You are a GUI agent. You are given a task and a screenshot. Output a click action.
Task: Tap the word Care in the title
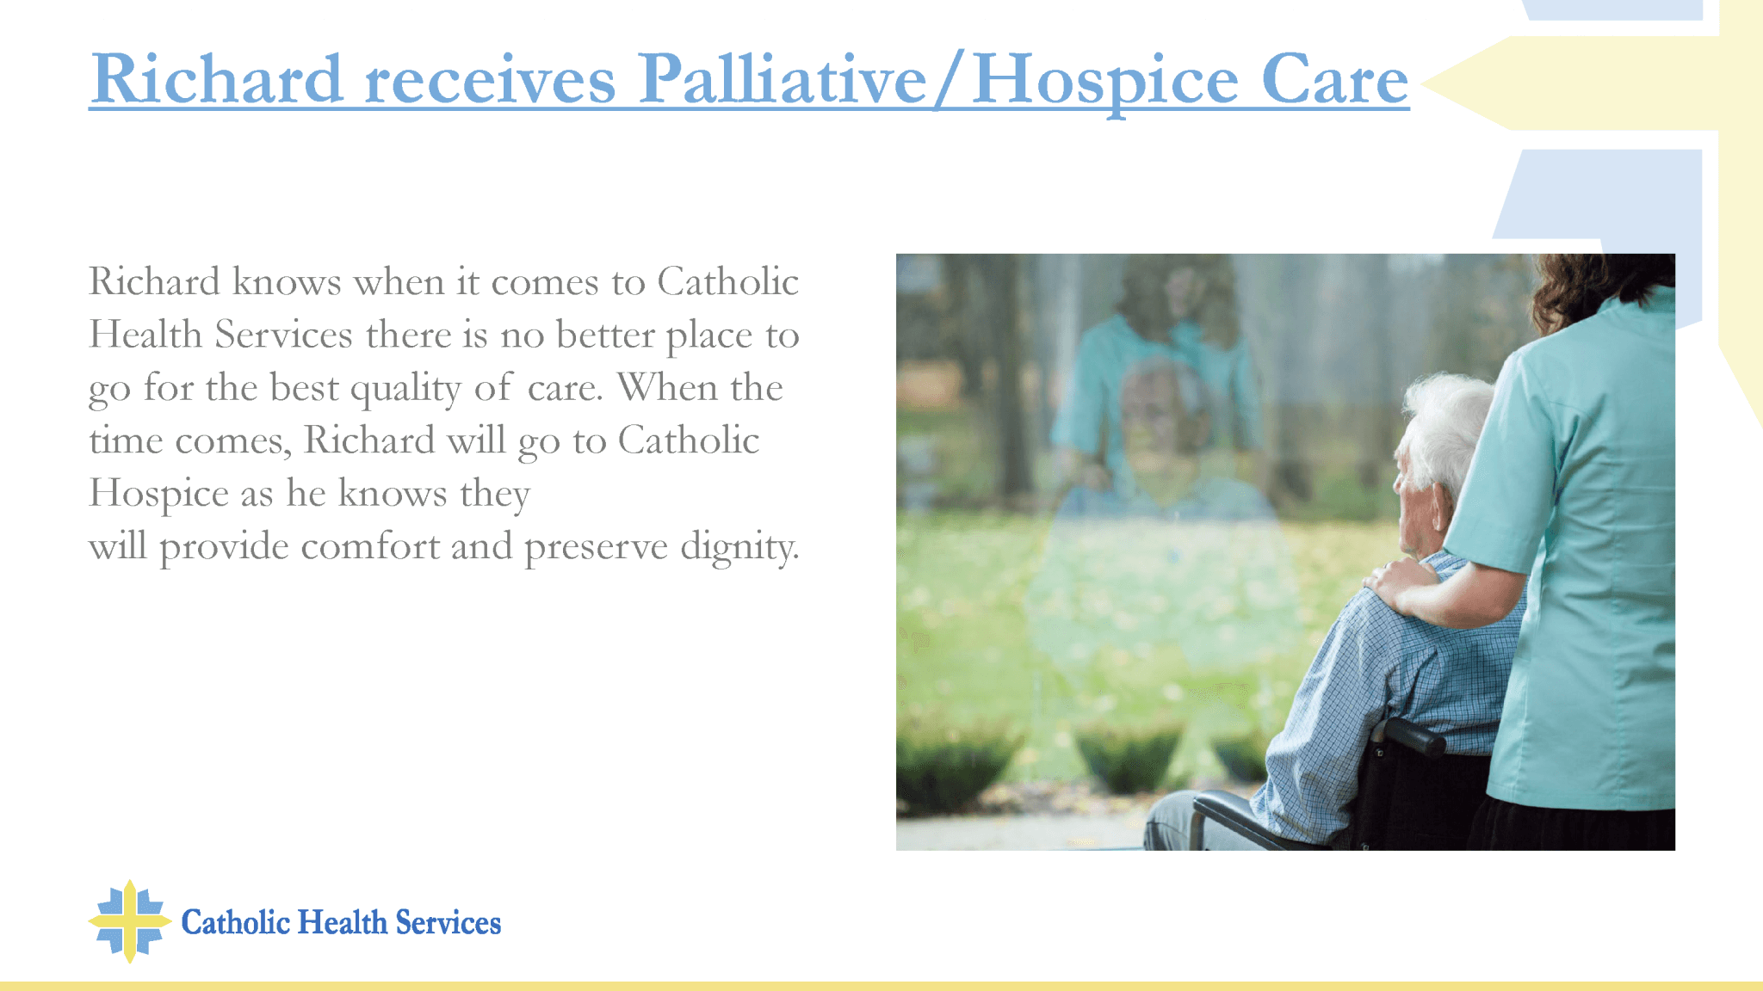pyautogui.click(x=1335, y=79)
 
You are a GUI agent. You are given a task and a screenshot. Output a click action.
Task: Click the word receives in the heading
pyautogui.click(x=490, y=81)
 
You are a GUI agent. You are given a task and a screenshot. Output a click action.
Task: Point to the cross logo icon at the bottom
pyautogui.click(x=130, y=921)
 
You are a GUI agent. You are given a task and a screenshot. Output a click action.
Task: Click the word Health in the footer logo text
pyautogui.click(x=343, y=922)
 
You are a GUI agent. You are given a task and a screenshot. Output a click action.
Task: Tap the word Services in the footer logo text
pyautogui.click(x=448, y=922)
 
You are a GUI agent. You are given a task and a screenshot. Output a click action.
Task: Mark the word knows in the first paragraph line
pyautogui.click(x=287, y=281)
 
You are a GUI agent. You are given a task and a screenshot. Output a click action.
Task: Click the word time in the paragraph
pyautogui.click(x=126, y=440)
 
